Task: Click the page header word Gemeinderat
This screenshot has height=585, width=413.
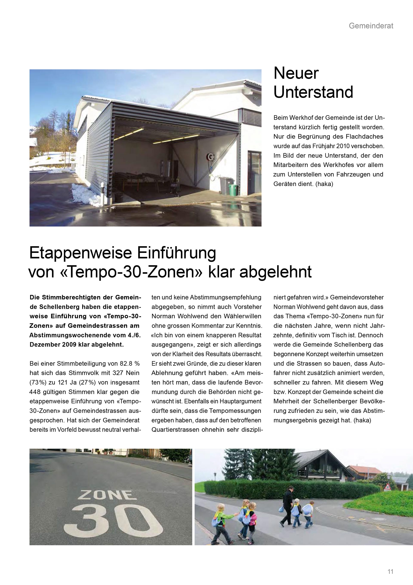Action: point(371,26)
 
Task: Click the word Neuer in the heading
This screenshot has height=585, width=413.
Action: point(296,73)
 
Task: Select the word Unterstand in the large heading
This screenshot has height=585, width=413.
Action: point(313,92)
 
